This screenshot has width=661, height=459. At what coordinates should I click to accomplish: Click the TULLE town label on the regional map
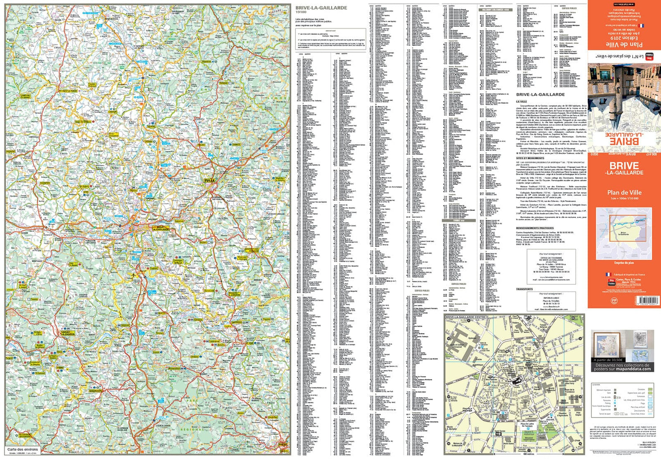pyautogui.click(x=209, y=180)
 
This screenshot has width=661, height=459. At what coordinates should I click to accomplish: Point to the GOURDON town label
pyautogui.click(x=95, y=391)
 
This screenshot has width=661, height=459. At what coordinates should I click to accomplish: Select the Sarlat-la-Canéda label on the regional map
pyautogui.click(x=68, y=333)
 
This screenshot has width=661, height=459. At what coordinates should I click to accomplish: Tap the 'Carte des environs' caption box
pyautogui.click(x=23, y=449)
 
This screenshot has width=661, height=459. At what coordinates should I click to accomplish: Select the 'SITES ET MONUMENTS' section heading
pyautogui.click(x=530, y=158)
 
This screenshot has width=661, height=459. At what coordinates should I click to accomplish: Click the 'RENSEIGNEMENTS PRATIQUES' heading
pyautogui.click(x=535, y=228)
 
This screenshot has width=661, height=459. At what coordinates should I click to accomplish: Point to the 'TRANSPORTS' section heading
pyautogui.click(x=524, y=289)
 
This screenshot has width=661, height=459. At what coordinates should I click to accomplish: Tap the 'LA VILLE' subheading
pyautogui.click(x=522, y=101)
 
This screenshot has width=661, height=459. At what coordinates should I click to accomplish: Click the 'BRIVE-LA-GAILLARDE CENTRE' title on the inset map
pyautogui.click(x=466, y=317)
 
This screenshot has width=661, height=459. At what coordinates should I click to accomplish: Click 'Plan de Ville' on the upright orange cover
pyautogui.click(x=624, y=192)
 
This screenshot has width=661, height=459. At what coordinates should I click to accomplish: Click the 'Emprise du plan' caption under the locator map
pyautogui.click(x=624, y=263)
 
